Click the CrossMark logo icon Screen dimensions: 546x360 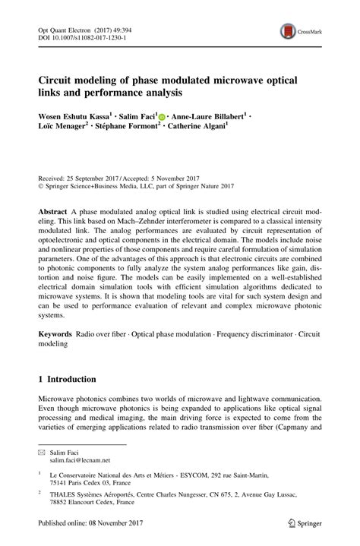pos(289,31)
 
